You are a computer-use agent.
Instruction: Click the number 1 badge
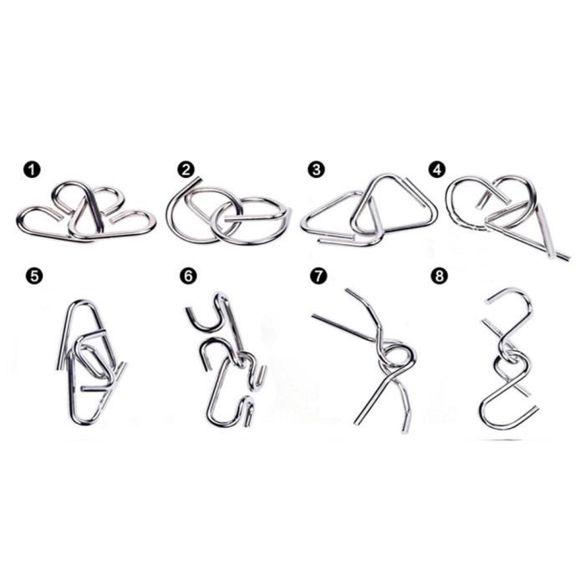(x=33, y=170)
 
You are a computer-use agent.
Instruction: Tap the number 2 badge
(x=186, y=170)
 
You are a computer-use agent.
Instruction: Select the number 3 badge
(x=316, y=170)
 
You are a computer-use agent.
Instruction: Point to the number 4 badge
(x=437, y=170)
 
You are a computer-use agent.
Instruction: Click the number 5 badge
(x=34, y=276)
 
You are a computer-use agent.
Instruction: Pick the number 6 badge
(x=188, y=276)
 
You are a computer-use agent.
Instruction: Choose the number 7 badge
(x=318, y=276)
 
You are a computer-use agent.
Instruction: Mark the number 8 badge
(x=439, y=276)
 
